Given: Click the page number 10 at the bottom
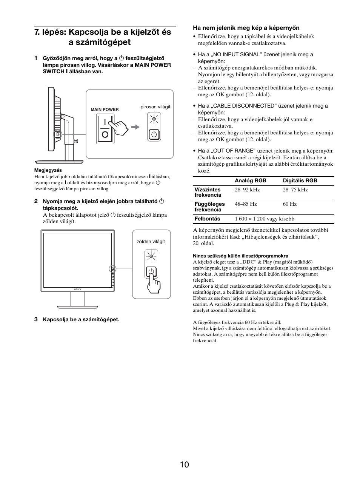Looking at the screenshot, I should [184, 464].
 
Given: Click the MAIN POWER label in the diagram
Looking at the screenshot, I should [105, 109].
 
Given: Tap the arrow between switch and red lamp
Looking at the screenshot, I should [135, 127].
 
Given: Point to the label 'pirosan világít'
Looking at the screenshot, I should [155, 107].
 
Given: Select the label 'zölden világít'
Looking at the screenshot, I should [151, 242].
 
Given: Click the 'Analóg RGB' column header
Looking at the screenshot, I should [250, 180].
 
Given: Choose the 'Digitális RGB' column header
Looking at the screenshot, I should [300, 180].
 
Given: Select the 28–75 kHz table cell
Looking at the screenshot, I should [295, 190].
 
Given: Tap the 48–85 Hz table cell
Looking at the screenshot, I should [246, 204].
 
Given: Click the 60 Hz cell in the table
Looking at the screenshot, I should [289, 204].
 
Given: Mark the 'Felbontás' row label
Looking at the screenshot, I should [207, 219].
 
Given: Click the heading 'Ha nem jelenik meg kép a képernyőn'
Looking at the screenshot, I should [246, 28].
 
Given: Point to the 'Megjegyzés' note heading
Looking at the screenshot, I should [48, 170].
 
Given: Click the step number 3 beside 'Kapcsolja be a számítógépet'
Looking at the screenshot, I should [36, 319].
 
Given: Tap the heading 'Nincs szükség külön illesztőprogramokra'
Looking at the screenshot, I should [240, 256].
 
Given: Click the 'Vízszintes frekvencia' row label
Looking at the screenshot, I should [208, 192].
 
